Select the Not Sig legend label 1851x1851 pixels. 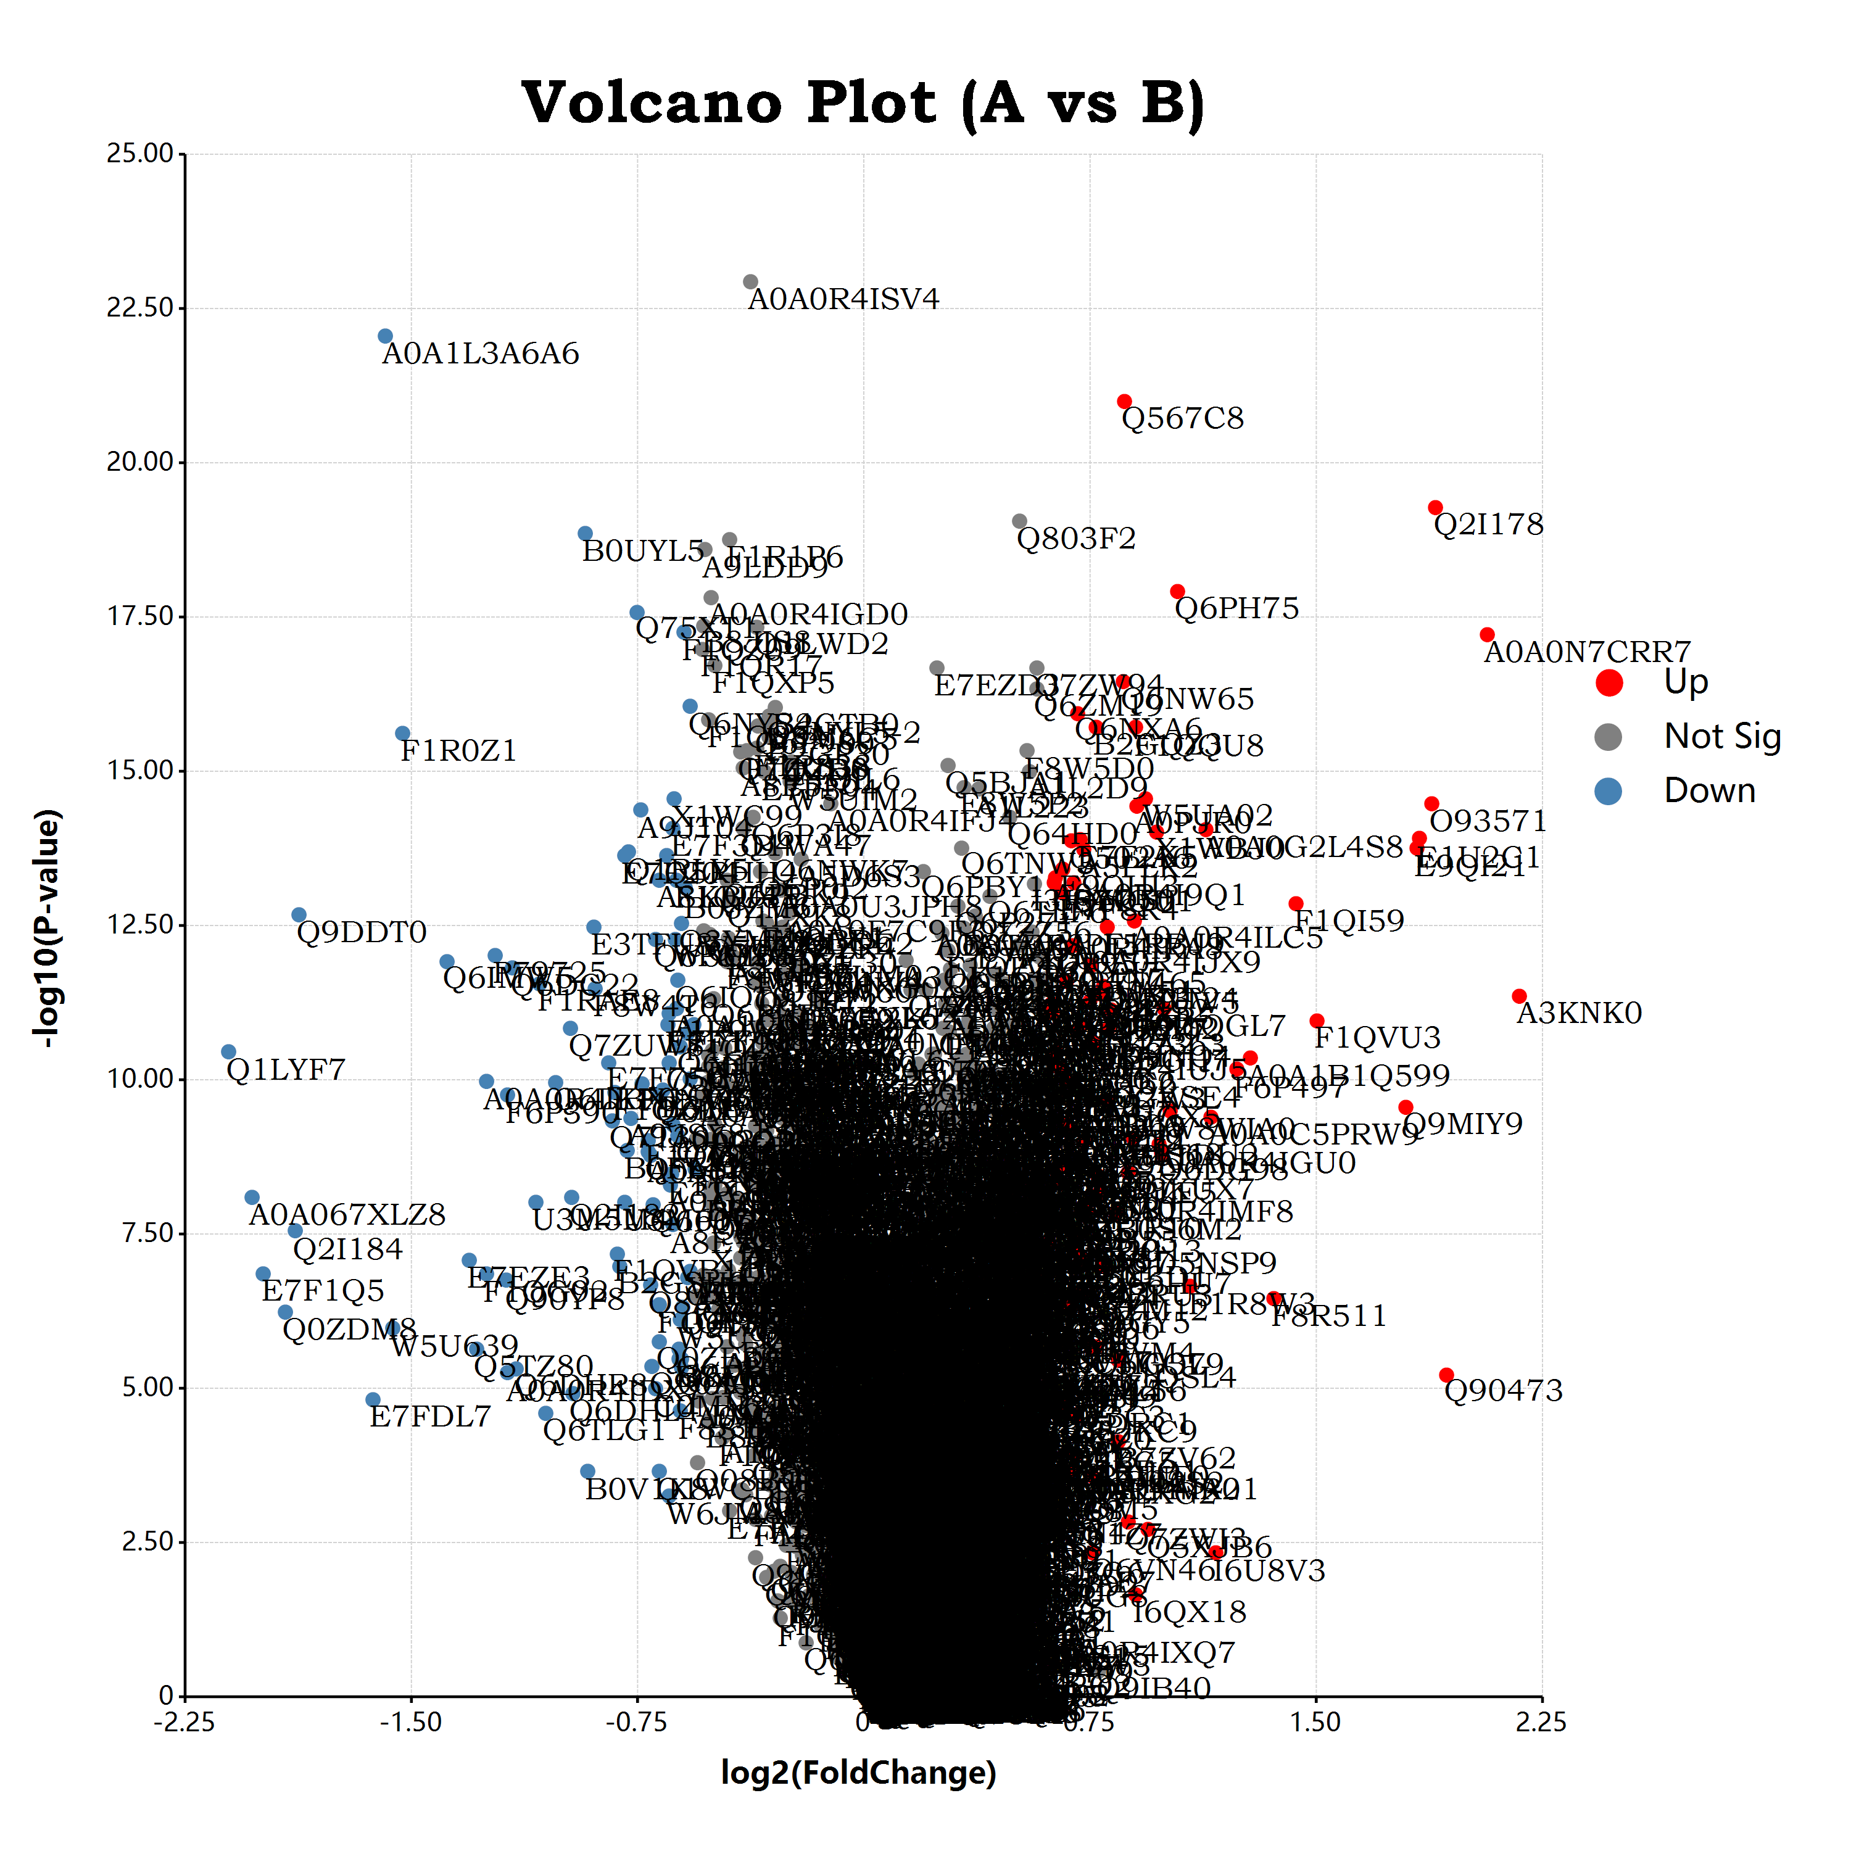click(x=1721, y=736)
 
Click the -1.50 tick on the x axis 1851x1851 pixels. click(x=411, y=1723)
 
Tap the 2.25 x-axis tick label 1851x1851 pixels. click(x=1541, y=1723)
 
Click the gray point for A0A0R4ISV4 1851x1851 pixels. click(x=751, y=282)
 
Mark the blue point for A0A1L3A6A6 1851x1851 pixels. click(x=385, y=336)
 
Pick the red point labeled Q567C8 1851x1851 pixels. click(x=1125, y=402)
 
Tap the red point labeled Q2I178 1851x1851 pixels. click(x=1435, y=508)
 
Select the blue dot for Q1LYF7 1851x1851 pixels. click(x=228, y=1052)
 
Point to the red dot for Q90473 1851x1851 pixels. click(x=1447, y=1375)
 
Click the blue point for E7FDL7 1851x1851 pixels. click(x=373, y=1400)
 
